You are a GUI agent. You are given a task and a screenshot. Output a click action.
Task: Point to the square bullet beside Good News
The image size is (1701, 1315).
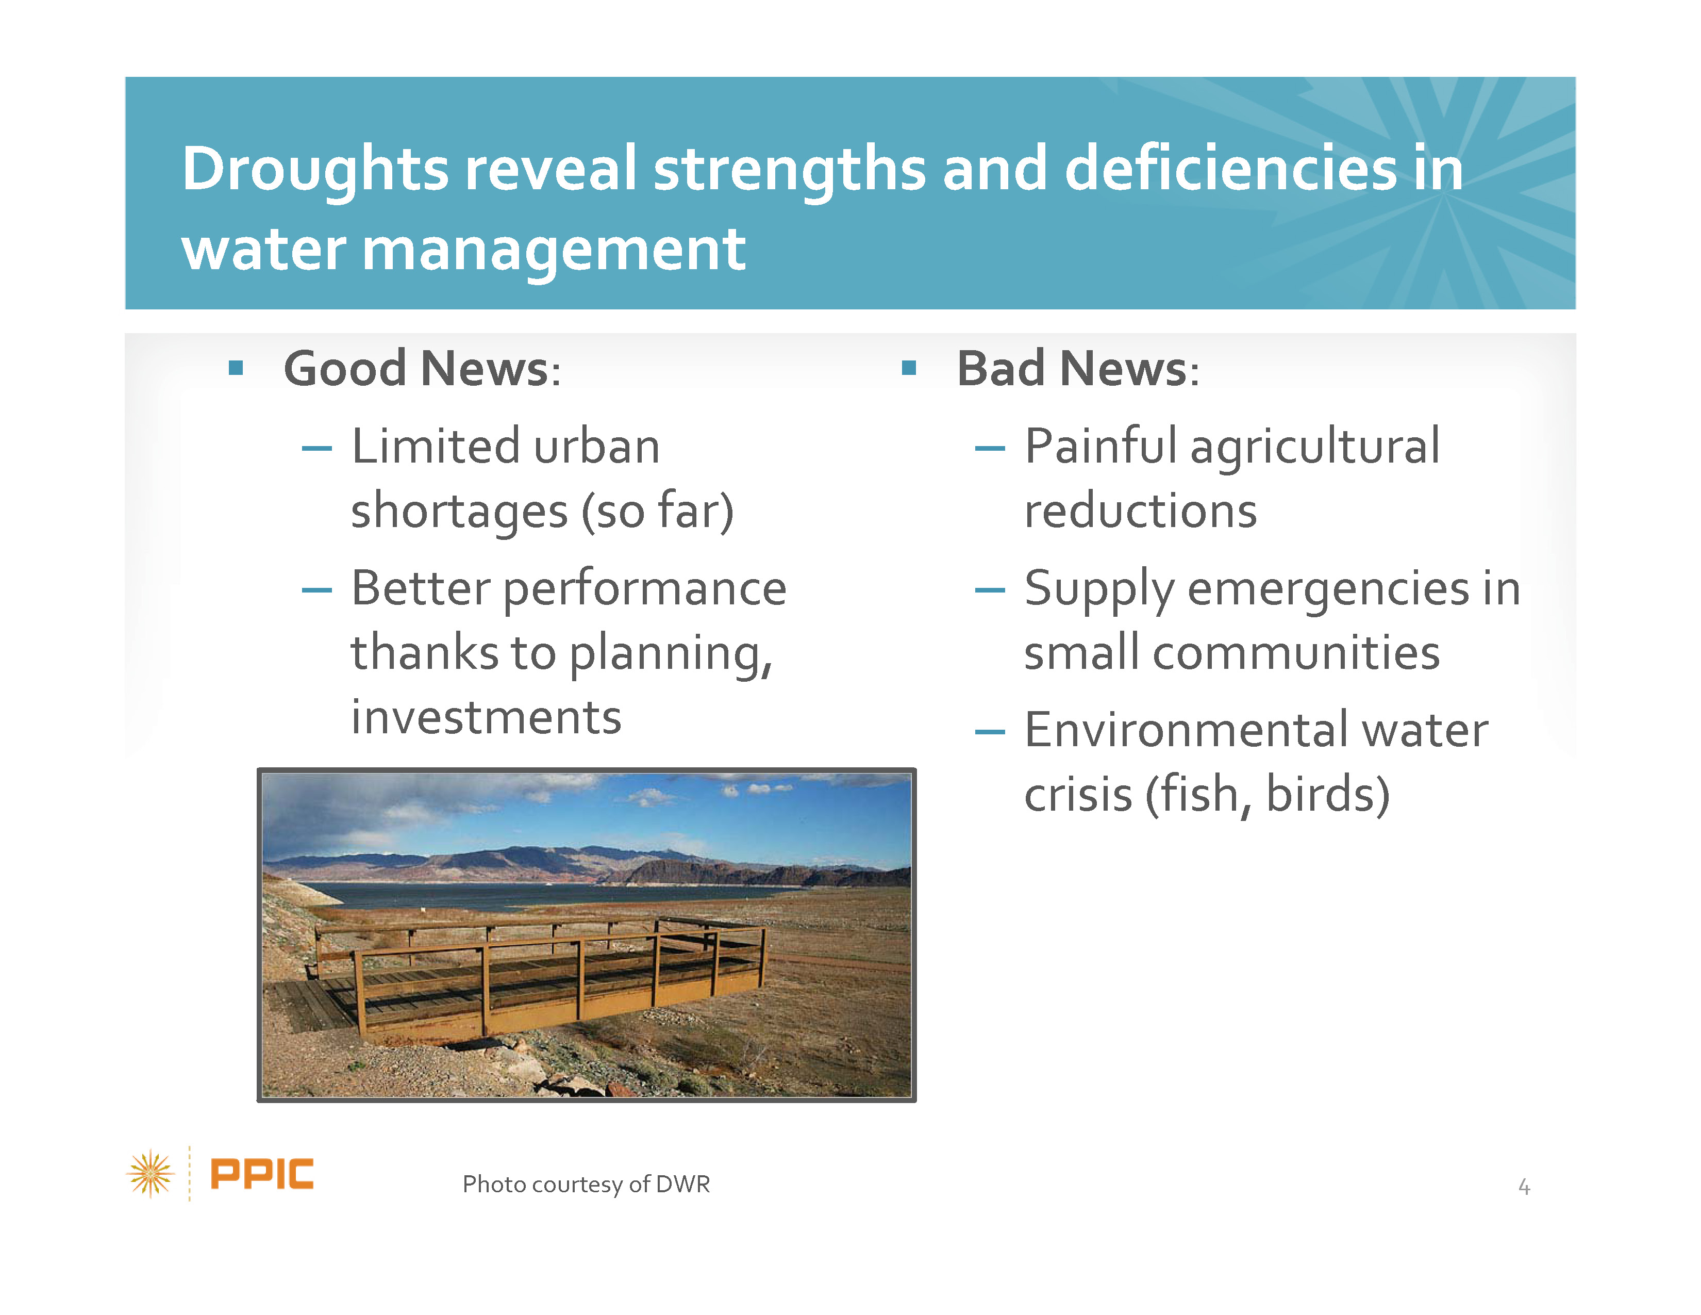point(236,368)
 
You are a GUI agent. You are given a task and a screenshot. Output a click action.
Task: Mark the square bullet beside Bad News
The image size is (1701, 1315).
point(908,368)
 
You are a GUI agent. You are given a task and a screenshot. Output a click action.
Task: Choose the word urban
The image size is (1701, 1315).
point(596,447)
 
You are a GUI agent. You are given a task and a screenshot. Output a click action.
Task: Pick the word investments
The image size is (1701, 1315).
point(486,717)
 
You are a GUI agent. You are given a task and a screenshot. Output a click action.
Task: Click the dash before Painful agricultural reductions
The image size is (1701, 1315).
point(990,448)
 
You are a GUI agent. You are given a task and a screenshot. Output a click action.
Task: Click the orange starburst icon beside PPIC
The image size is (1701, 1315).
point(151,1173)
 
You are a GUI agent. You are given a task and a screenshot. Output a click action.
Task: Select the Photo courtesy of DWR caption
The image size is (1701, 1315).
point(586,1184)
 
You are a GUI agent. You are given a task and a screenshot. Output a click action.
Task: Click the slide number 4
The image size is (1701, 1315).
point(1524,1187)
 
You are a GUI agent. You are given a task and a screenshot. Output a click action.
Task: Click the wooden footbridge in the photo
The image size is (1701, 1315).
point(538,978)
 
